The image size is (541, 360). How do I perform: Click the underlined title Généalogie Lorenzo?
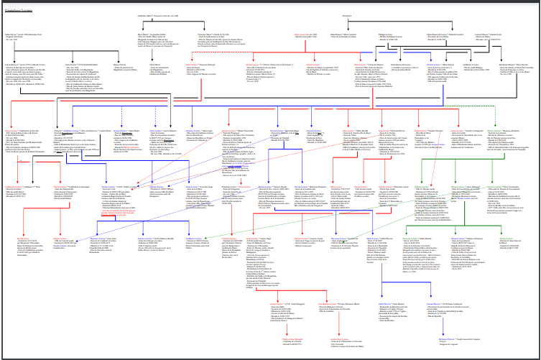(x=20, y=9)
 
